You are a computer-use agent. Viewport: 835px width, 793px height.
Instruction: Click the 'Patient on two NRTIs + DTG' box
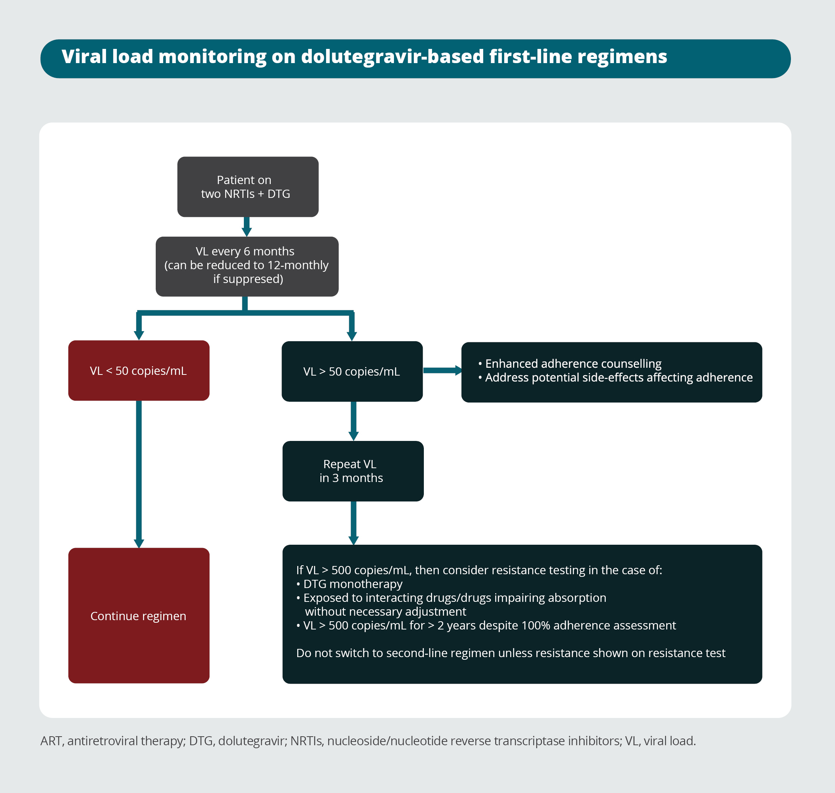(x=248, y=187)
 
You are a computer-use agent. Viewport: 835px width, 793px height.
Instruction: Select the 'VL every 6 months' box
(x=247, y=266)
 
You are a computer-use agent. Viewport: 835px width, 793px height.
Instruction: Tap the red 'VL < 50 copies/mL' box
(x=139, y=371)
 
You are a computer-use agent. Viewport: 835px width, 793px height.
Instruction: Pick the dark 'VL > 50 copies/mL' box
(x=352, y=371)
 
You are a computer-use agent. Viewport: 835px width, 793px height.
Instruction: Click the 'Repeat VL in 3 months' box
(x=353, y=471)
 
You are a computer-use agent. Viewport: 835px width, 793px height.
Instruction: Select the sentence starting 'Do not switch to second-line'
(x=510, y=653)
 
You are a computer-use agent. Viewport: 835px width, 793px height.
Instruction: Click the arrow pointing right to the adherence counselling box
(x=442, y=371)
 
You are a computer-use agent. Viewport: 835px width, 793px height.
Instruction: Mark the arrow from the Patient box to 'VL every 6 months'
(x=247, y=227)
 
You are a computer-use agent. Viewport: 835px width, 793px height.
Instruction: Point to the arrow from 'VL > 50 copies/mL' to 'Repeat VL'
(x=353, y=421)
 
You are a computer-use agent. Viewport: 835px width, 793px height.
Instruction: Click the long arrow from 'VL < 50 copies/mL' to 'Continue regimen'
(x=139, y=473)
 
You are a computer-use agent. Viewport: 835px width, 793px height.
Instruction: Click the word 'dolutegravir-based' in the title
(x=392, y=57)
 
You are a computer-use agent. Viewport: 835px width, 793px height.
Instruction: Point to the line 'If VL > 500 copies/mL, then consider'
(x=479, y=570)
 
